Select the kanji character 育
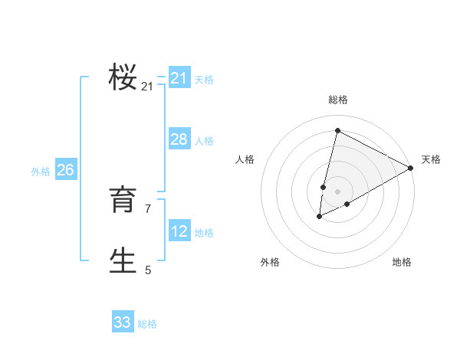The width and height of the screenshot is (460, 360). (x=123, y=201)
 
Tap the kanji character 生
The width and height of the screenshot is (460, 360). (x=123, y=260)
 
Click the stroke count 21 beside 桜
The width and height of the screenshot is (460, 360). (x=147, y=87)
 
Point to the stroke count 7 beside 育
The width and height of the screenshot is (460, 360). (x=148, y=208)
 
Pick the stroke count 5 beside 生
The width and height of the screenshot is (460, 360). (x=148, y=270)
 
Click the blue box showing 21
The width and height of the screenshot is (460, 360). (x=179, y=78)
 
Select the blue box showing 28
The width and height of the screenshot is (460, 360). (x=179, y=139)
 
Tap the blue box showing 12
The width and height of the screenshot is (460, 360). (x=179, y=231)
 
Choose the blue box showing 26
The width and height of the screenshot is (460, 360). (x=65, y=170)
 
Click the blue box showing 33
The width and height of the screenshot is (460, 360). (x=122, y=322)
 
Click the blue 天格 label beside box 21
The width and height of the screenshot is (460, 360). (x=204, y=79)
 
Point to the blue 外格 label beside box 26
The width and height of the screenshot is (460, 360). (x=41, y=172)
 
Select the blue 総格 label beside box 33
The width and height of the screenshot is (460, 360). (x=147, y=324)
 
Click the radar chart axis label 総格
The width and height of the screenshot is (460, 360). (x=338, y=100)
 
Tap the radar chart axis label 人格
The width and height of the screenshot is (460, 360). (x=245, y=159)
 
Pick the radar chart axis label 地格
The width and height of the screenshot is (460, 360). (x=402, y=263)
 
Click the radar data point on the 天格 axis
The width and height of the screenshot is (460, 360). (x=411, y=169)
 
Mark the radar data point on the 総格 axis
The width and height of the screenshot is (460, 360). (x=337, y=130)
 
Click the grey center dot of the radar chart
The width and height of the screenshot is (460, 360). (x=337, y=191)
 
